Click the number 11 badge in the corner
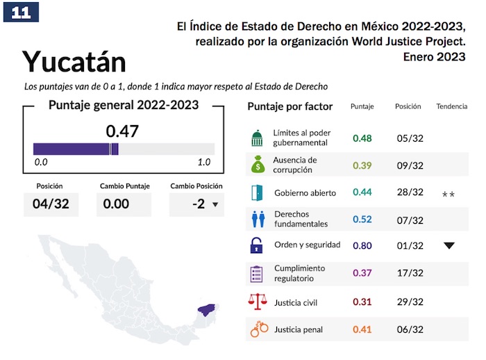pos(21,12)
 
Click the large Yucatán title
pos(74,62)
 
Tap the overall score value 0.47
pos(122,131)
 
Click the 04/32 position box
pos(51,204)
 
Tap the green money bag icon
pos(258,165)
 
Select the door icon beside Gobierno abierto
pos(258,193)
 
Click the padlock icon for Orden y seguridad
pos(258,245)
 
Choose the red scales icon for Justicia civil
pos(258,302)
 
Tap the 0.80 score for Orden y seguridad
pos(362,245)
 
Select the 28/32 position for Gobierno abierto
pos(409,193)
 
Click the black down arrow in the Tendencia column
pos(449,245)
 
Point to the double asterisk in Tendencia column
pos(449,195)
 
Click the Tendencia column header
pos(451,107)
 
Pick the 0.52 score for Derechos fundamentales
pos(362,220)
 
